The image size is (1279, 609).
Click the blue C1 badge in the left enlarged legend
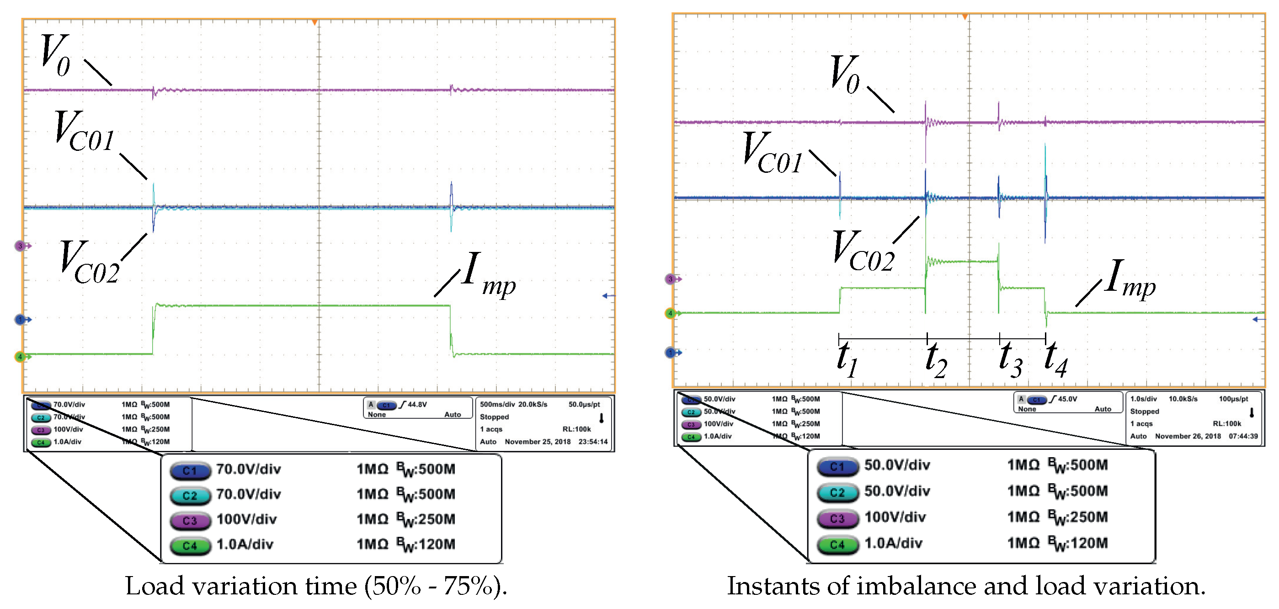[x=190, y=470]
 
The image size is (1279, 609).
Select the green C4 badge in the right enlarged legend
[x=837, y=545]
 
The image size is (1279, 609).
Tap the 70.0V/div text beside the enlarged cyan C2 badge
[x=248, y=494]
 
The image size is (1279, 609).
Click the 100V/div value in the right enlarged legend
[x=895, y=517]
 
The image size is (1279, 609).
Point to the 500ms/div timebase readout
[x=497, y=404]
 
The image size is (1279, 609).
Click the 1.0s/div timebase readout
[x=1143, y=399]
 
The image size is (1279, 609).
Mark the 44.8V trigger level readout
[x=417, y=404]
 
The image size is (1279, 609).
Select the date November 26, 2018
[x=1188, y=436]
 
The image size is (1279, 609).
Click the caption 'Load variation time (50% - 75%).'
[x=316, y=586]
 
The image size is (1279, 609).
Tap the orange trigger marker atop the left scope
[x=314, y=22]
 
